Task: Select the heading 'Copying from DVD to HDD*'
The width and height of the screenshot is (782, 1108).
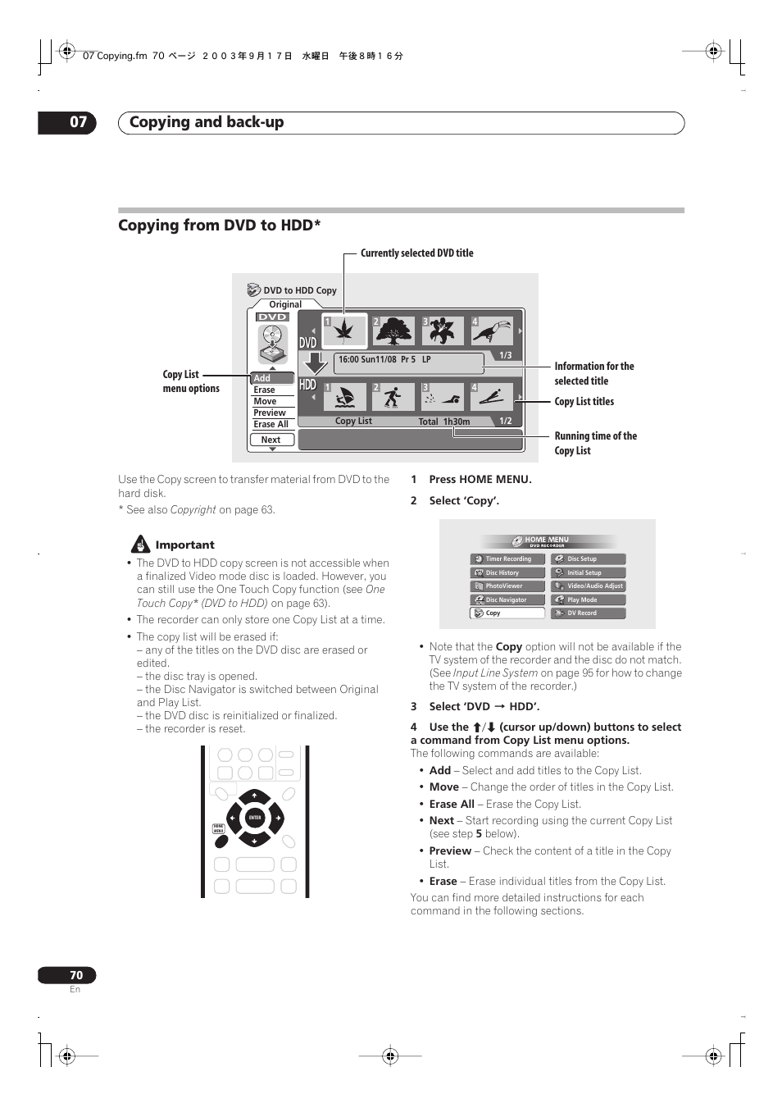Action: [x=219, y=226]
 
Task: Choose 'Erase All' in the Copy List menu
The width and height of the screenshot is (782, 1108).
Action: [x=271, y=424]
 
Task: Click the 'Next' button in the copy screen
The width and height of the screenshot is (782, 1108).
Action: [x=271, y=440]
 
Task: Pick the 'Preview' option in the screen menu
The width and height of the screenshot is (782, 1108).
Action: [x=270, y=413]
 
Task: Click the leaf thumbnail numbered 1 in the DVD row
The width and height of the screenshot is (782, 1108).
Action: [x=344, y=331]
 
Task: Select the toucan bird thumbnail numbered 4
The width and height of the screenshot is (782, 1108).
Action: [x=492, y=331]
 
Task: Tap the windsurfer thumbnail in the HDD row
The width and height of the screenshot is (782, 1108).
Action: [x=344, y=398]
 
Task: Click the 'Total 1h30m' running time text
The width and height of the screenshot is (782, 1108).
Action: [x=444, y=422]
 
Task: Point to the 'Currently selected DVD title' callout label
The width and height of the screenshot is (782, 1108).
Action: [x=416, y=253]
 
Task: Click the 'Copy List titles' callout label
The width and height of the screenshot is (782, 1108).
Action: [x=584, y=402]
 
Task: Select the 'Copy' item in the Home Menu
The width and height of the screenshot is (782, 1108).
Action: [x=507, y=613]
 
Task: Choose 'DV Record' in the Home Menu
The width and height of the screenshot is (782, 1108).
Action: [x=588, y=613]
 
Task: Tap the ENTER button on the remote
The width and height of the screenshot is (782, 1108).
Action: [x=255, y=818]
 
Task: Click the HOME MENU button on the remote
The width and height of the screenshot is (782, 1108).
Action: [x=219, y=829]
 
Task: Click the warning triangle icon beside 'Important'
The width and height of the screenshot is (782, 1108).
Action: [x=141, y=544]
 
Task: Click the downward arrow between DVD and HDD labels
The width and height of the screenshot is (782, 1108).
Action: [x=314, y=362]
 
